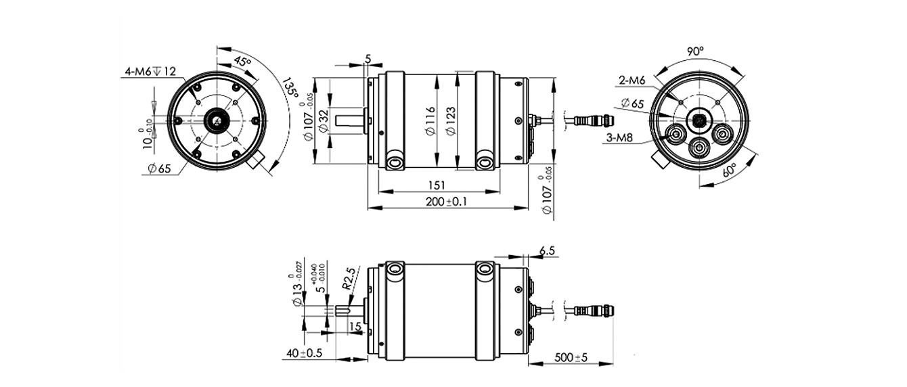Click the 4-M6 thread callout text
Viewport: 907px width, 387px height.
pos(150,71)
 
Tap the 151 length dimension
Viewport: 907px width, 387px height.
pos(437,186)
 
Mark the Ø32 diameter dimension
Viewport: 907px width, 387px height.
pos(323,120)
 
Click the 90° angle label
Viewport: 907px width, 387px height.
pos(695,52)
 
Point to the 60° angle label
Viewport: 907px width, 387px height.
pos(729,170)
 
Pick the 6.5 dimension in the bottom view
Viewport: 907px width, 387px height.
pos(548,251)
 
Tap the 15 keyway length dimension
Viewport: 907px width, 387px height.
pos(354,327)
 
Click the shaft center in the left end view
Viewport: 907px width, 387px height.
pos(216,120)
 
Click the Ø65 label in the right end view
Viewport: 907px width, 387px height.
pos(632,104)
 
